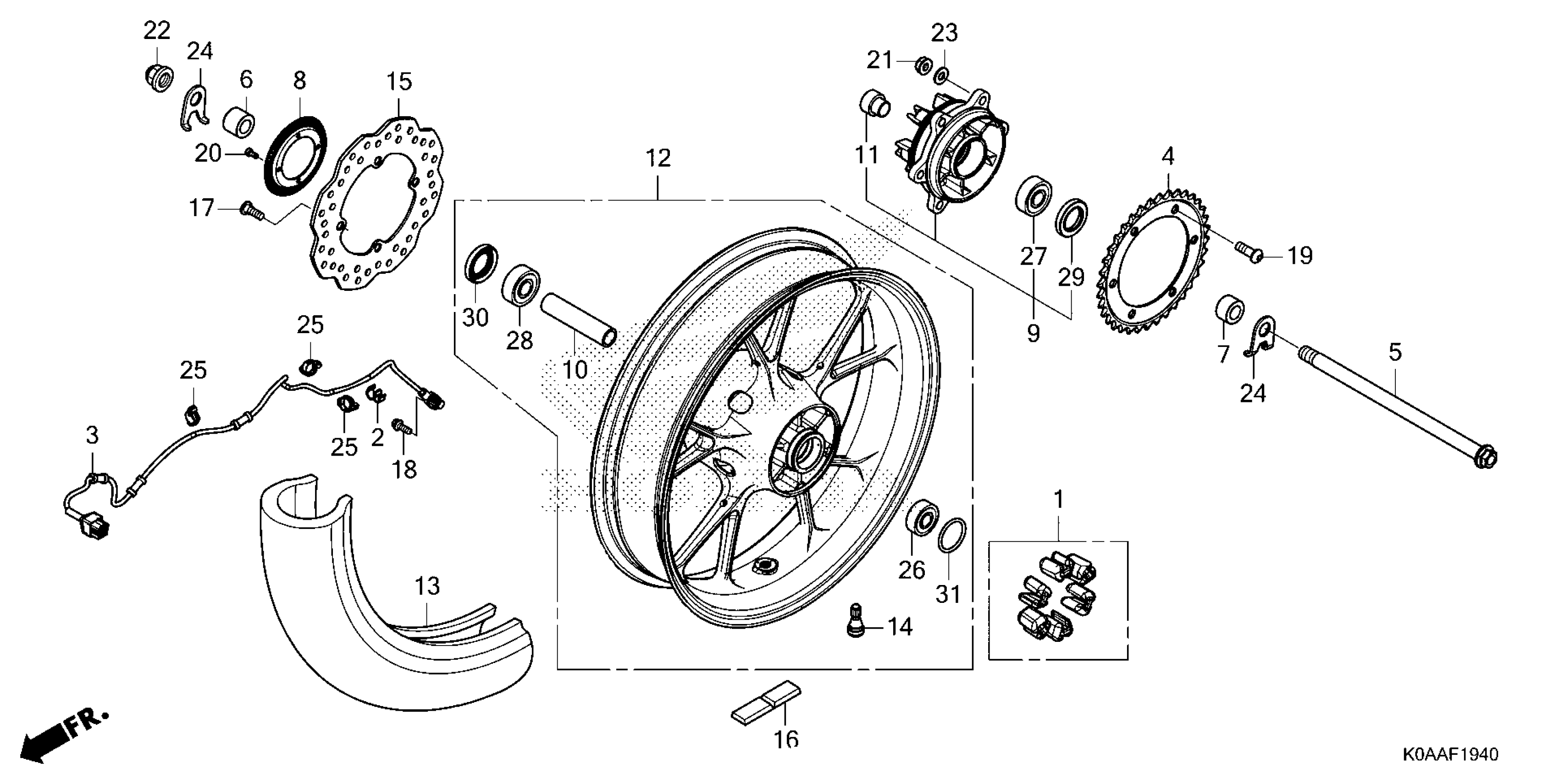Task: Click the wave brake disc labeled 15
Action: tap(324, 242)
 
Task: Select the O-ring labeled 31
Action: tap(951, 535)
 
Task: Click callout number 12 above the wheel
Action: tap(658, 159)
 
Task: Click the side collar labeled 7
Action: tap(1230, 310)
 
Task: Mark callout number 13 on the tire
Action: tap(427, 586)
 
